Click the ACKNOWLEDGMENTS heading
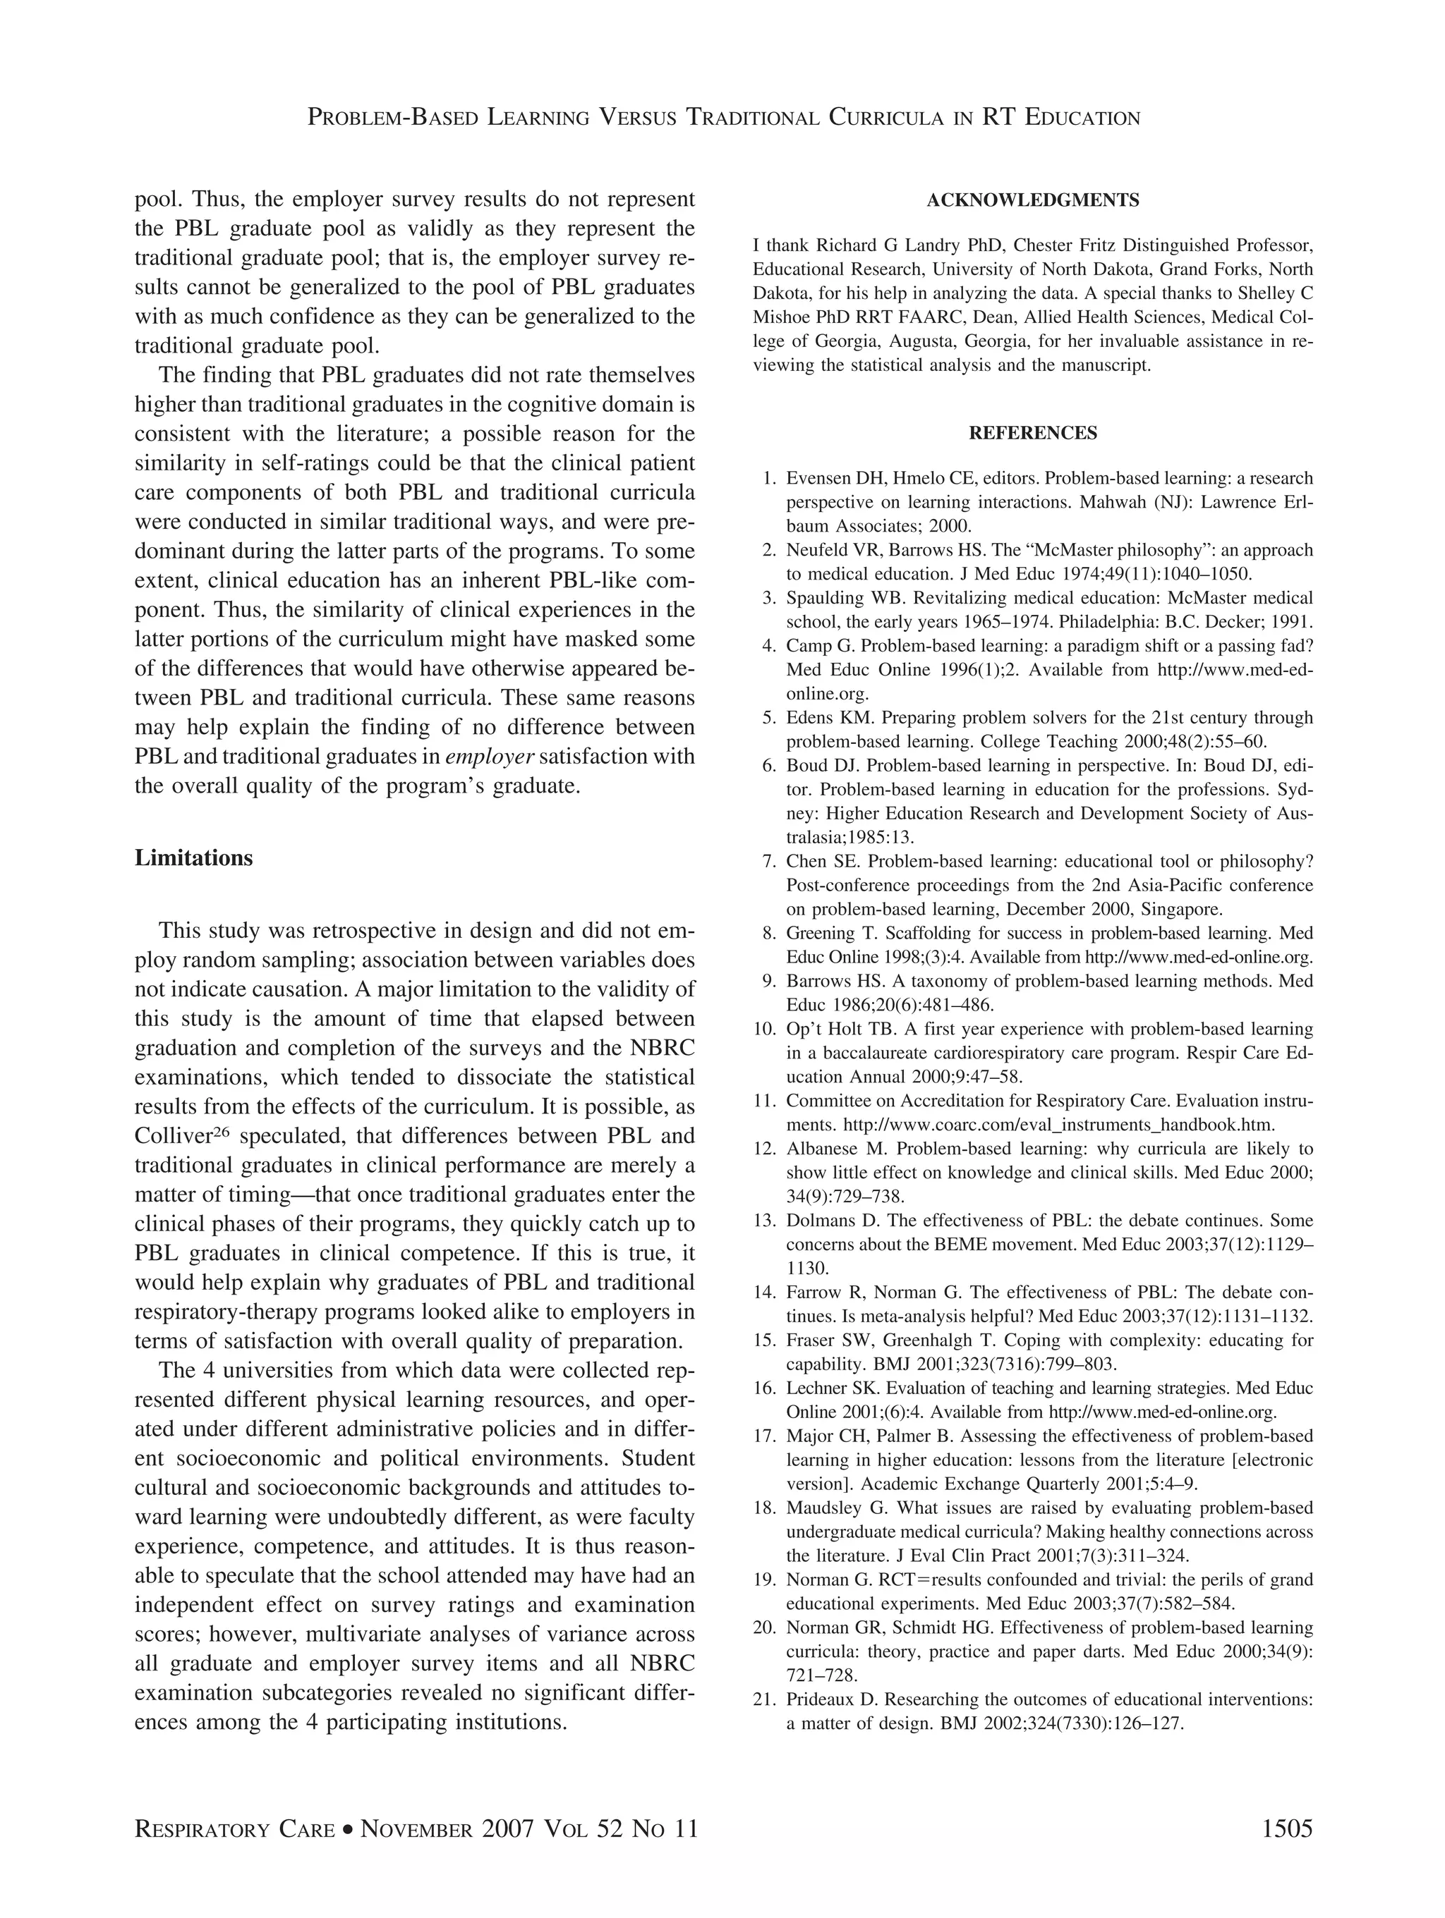click(1032, 200)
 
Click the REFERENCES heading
click(1032, 433)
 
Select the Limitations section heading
click(193, 858)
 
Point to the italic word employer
click(488, 757)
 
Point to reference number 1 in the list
click(768, 479)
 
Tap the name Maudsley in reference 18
click(824, 1507)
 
